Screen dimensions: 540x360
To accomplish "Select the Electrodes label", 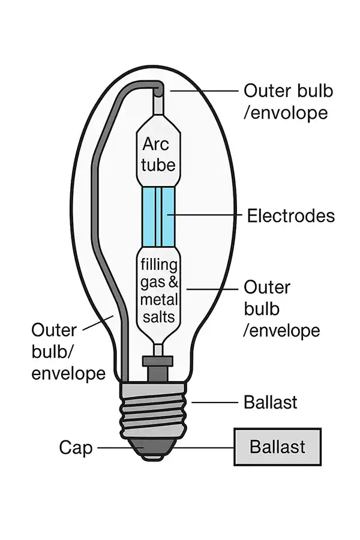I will pos(290,215).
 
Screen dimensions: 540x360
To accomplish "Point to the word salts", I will pos(158,316).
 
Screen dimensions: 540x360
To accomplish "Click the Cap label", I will pos(76,448).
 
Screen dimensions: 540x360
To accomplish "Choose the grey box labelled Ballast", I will pos(277,447).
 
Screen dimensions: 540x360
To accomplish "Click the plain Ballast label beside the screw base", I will pos(270,402).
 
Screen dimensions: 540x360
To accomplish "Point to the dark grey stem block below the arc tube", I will pos(157,367).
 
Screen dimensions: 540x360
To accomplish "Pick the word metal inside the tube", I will pos(158,299).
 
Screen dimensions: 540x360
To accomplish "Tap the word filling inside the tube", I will pos(158,265).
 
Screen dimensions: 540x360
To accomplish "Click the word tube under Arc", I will pos(158,164).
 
